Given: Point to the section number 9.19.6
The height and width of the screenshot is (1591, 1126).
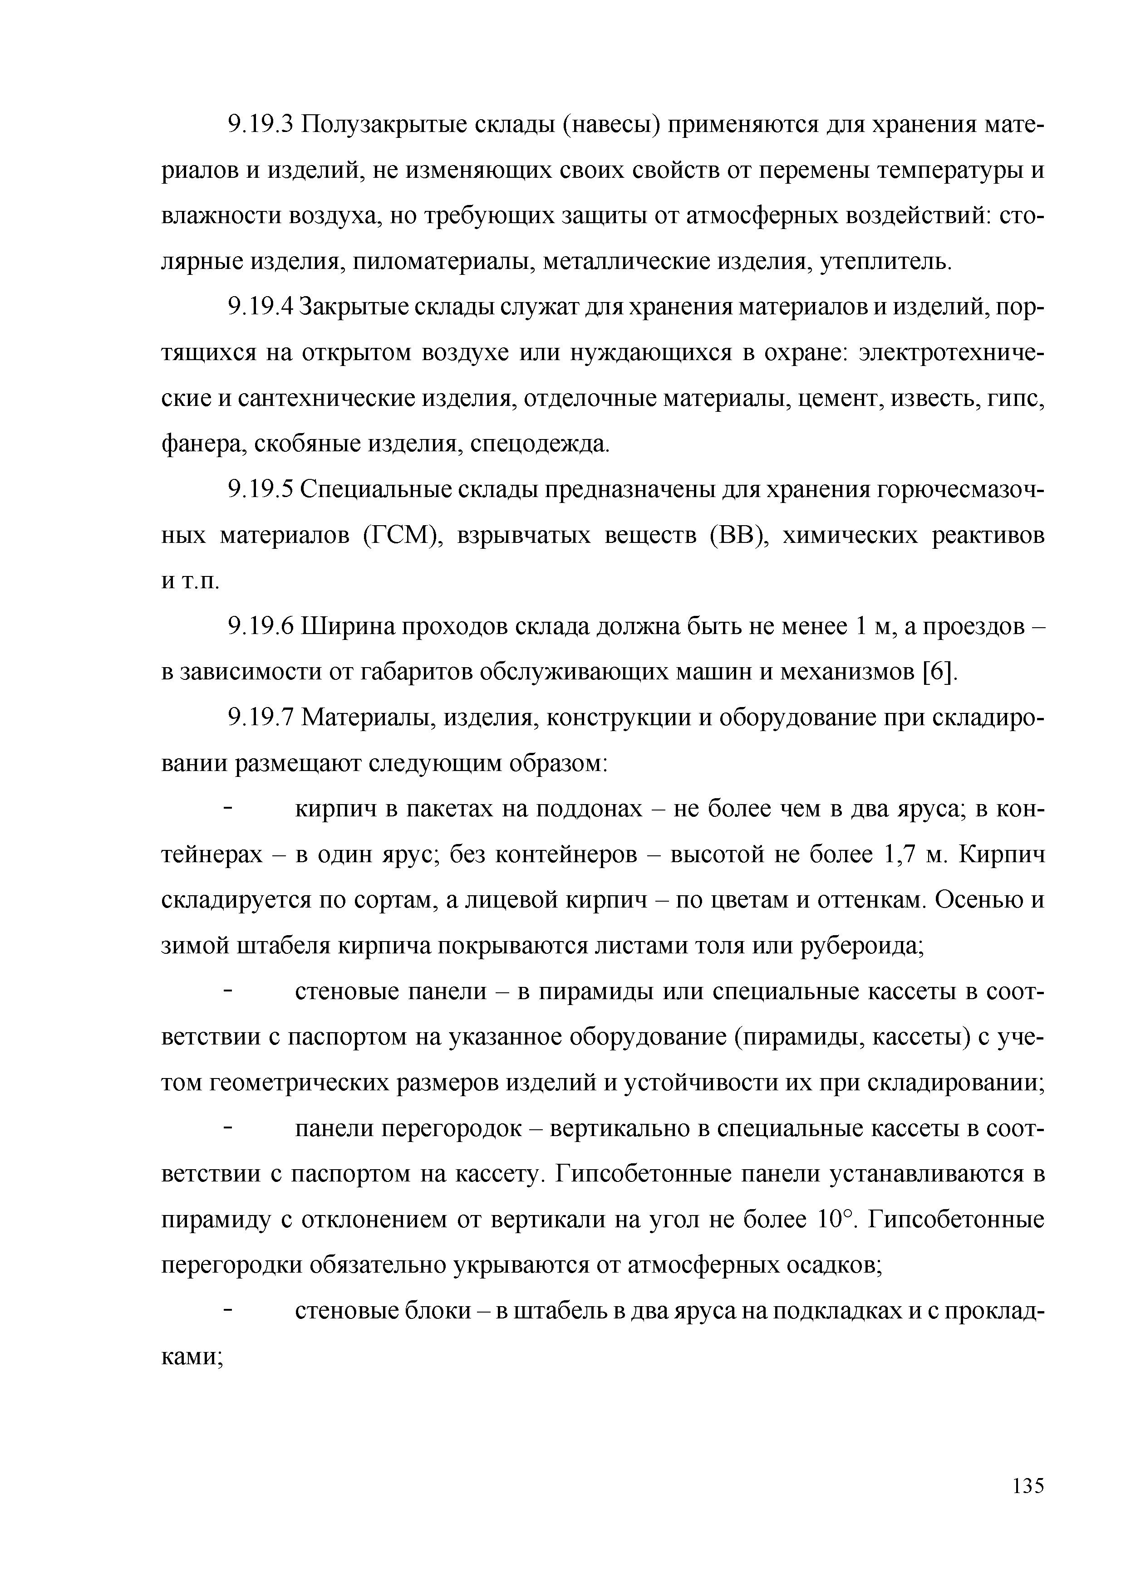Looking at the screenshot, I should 261,627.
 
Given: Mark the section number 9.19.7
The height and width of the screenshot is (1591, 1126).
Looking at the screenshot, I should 261,718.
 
